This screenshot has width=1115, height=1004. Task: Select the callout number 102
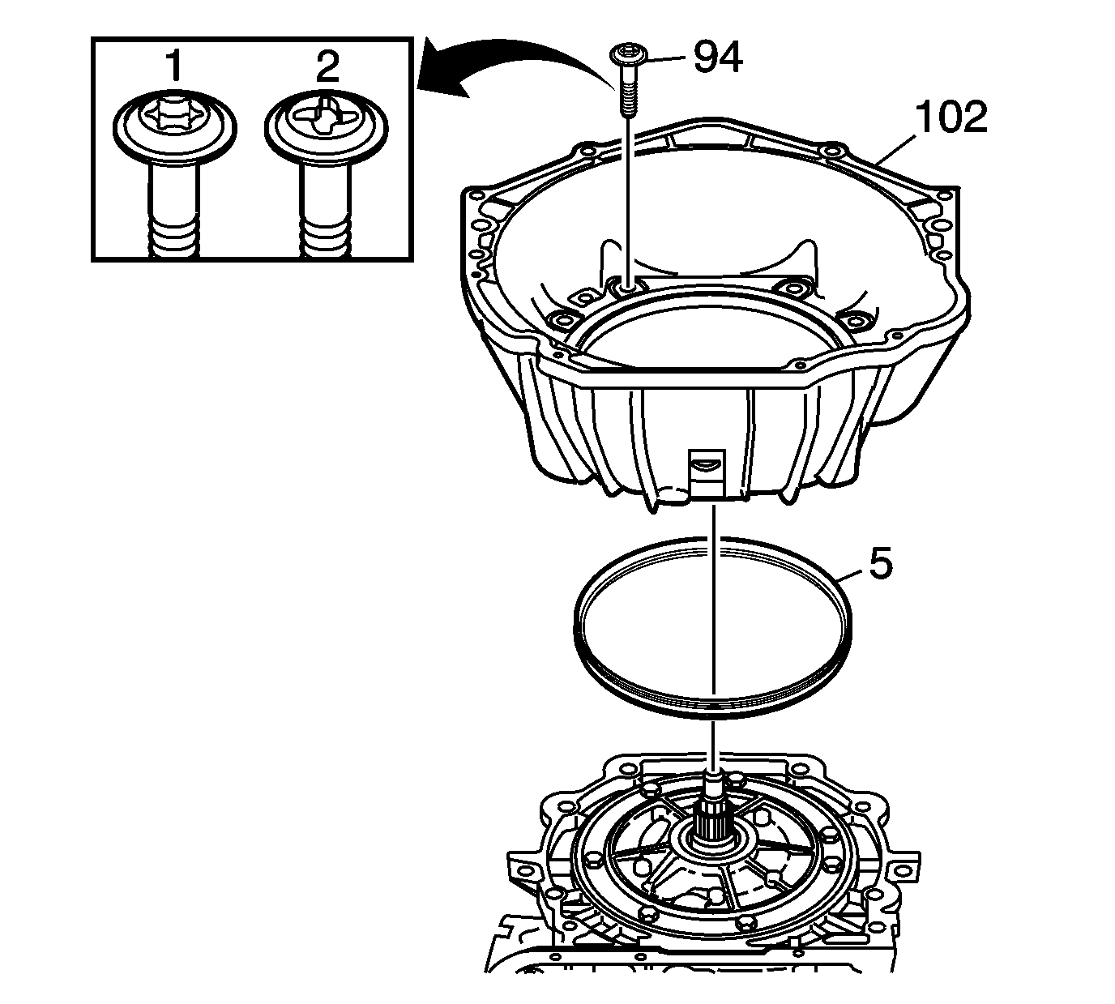click(951, 117)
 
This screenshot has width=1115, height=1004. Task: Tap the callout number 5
click(880, 563)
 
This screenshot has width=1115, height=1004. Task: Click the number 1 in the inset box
click(175, 66)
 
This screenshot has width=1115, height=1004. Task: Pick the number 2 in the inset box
click(327, 66)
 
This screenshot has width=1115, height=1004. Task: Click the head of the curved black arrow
click(442, 71)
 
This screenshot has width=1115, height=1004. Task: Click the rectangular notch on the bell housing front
click(707, 473)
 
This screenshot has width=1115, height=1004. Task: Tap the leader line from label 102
click(896, 150)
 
